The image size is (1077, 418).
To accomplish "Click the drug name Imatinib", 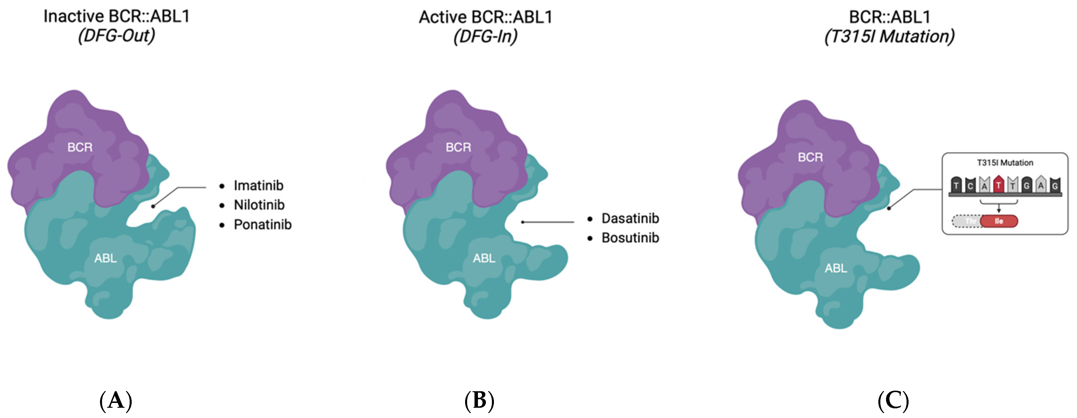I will (258, 185).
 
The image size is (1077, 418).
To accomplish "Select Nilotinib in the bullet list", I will (259, 205).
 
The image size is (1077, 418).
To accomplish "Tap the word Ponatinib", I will (262, 225).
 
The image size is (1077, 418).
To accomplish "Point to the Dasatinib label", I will (630, 218).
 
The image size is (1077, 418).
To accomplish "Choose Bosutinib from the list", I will (630, 238).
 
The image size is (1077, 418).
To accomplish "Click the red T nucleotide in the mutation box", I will (998, 185).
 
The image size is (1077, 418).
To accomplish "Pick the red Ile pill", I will (999, 221).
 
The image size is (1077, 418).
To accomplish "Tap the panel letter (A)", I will (116, 400).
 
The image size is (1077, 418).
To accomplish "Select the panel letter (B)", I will (479, 400).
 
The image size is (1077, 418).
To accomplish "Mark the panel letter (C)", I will (893, 400).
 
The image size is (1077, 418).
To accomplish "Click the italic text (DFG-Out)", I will (116, 36).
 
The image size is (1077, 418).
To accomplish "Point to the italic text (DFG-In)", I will (485, 37).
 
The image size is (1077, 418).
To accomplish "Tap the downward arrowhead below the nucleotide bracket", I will (999, 210).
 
